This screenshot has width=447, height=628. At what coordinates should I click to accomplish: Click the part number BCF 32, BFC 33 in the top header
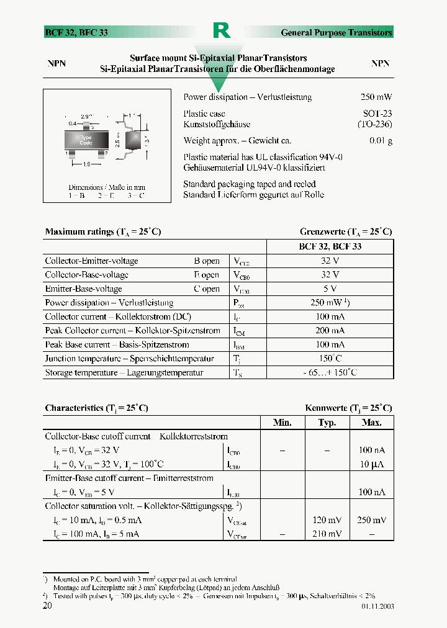point(76,32)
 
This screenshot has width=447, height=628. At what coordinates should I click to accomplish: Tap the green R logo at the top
point(222,30)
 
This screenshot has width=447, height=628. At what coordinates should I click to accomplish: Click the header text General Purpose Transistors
point(336,32)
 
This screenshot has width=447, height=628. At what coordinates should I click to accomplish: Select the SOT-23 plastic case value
point(377,114)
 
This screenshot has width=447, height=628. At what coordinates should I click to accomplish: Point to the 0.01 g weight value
point(381,141)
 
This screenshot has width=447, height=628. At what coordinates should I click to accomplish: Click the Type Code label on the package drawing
point(86,140)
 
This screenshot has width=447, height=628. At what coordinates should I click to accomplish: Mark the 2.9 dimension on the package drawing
point(86,116)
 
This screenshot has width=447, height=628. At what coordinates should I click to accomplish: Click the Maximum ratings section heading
point(103,231)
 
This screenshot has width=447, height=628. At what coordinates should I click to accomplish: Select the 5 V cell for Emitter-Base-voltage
point(330,289)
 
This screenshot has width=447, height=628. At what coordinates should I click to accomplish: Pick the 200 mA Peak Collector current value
point(330,331)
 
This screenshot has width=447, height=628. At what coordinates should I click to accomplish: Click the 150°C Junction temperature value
point(330,359)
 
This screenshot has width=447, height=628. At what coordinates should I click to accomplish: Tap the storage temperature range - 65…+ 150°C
point(330,372)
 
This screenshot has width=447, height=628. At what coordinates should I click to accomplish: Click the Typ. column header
point(327,423)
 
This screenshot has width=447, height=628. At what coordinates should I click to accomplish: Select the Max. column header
point(371,423)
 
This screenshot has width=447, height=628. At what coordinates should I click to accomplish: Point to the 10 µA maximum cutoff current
point(371,464)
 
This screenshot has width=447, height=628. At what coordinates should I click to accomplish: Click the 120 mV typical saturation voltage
point(327,520)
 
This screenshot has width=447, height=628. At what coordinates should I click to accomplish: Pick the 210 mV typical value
point(327,534)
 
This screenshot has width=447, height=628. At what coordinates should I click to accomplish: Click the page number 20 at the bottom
point(47,606)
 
